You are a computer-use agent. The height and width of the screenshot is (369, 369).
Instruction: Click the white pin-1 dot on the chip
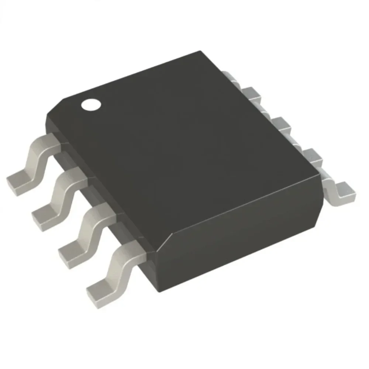click(91, 104)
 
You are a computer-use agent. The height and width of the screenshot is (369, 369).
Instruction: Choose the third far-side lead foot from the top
click(282, 123)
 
